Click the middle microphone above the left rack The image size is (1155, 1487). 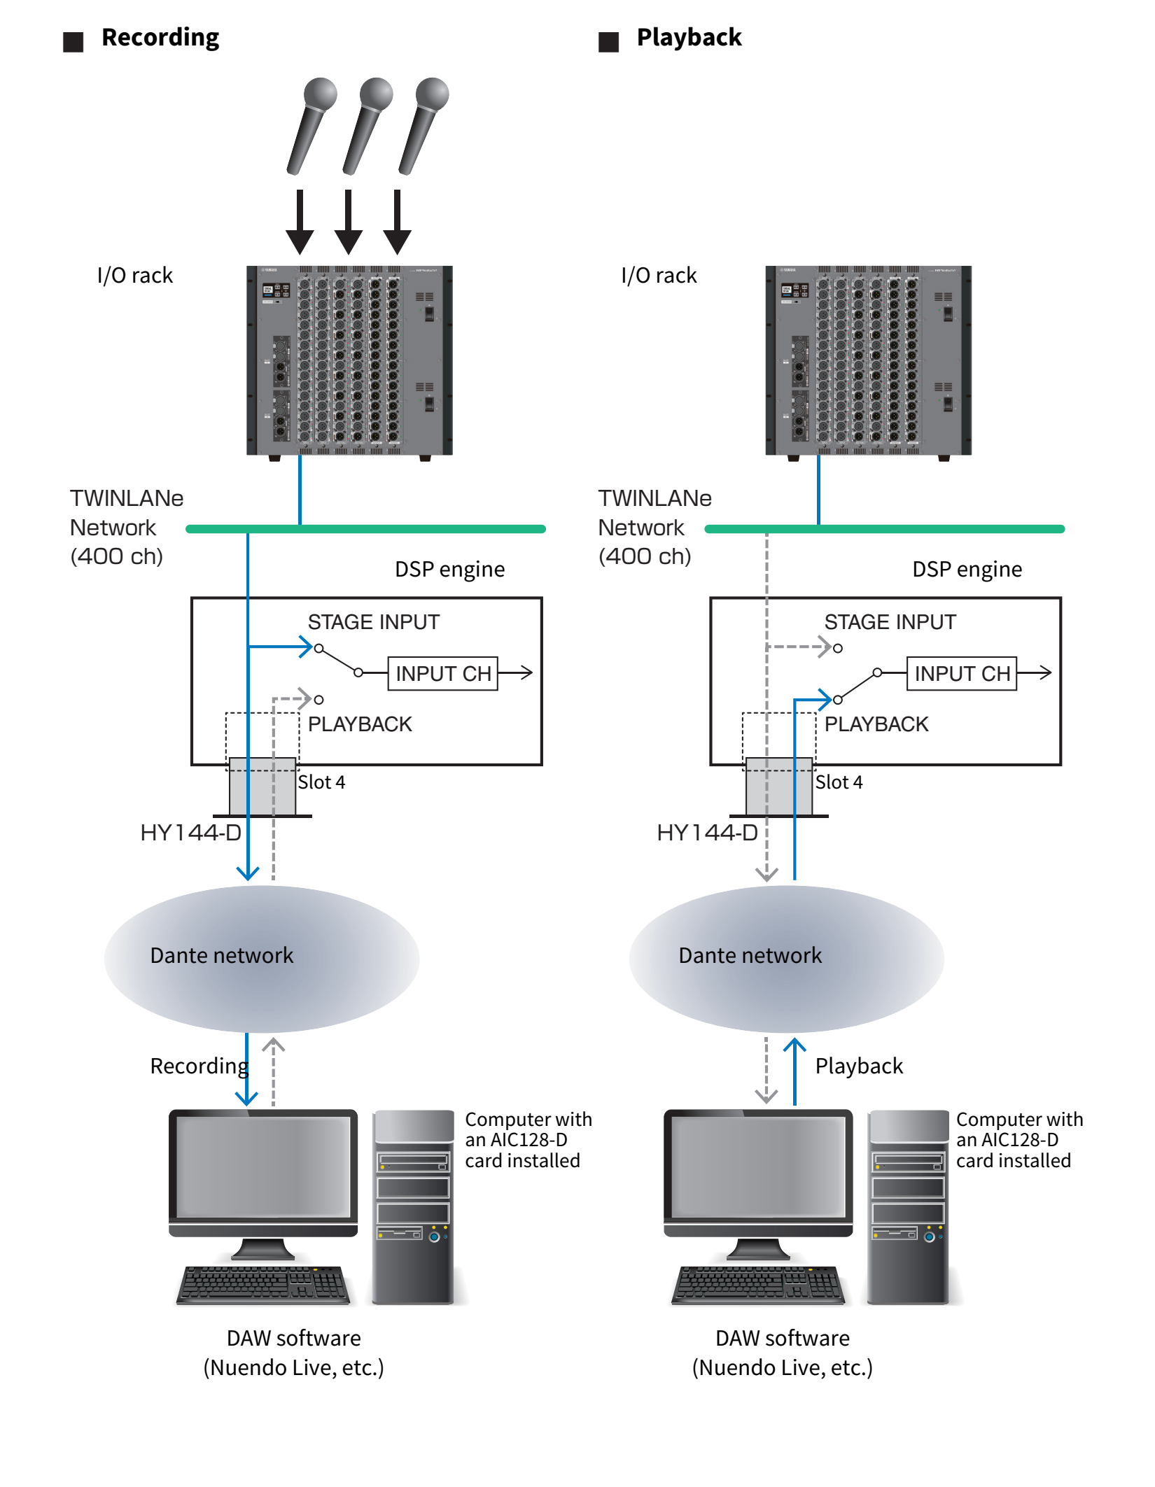(365, 129)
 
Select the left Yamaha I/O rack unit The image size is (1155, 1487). (349, 360)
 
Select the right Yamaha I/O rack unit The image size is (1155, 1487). (868, 360)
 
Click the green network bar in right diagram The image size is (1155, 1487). (910, 529)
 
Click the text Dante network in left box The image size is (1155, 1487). (221, 955)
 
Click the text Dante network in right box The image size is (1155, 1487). (750, 955)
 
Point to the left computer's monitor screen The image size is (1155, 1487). (263, 1167)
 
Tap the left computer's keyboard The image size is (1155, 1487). (264, 1285)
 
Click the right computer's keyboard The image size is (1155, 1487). (759, 1285)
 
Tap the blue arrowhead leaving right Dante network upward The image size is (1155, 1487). (794, 1045)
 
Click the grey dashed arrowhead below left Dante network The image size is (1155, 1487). (273, 1045)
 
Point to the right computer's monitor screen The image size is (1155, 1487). (758, 1167)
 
